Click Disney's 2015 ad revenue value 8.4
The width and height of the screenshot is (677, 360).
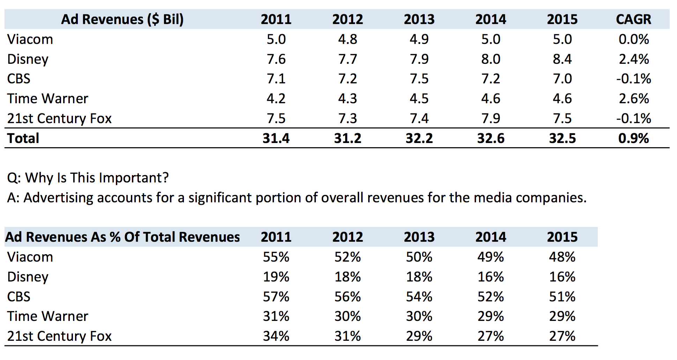pyautogui.click(x=562, y=59)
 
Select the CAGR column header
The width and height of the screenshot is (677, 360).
pyautogui.click(x=633, y=19)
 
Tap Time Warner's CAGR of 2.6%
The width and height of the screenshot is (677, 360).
pyautogui.click(x=633, y=99)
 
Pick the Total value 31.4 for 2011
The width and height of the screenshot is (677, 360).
pyautogui.click(x=276, y=138)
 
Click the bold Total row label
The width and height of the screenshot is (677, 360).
pyautogui.click(x=23, y=138)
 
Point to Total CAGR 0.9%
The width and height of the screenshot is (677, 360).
pyautogui.click(x=633, y=138)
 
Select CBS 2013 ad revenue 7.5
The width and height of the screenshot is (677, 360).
pyautogui.click(x=419, y=79)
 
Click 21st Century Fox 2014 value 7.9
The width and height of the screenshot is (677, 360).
pyautogui.click(x=490, y=119)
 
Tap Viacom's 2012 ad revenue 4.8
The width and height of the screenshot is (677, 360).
pyautogui.click(x=348, y=39)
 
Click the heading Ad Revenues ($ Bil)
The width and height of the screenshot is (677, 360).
pyautogui.click(x=122, y=19)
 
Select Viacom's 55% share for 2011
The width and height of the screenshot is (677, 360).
pyautogui.click(x=276, y=257)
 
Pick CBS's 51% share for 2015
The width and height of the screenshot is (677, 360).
pyautogui.click(x=562, y=297)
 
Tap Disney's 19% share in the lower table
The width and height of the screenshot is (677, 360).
pyautogui.click(x=276, y=277)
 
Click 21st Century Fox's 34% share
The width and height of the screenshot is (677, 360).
pyautogui.click(x=276, y=336)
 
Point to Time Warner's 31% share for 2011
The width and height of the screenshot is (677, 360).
pyautogui.click(x=276, y=316)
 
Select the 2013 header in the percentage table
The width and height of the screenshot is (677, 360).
pyautogui.click(x=419, y=237)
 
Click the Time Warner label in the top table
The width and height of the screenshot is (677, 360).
pyautogui.click(x=47, y=99)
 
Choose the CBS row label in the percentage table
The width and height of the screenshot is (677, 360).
pyautogui.click(x=19, y=297)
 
